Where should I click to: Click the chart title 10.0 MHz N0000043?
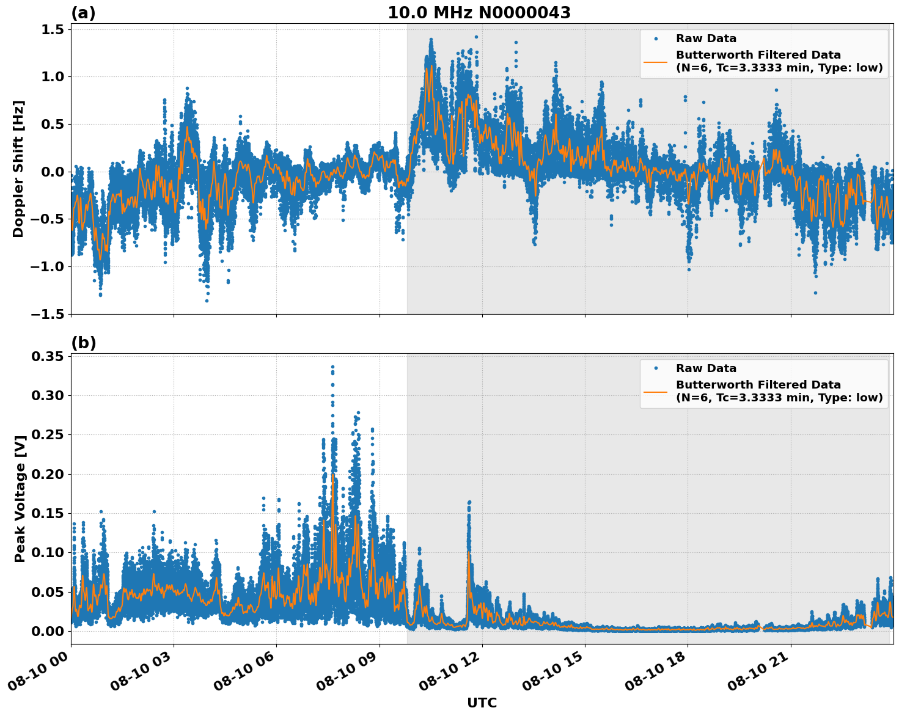click(x=479, y=13)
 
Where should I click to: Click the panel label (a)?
click(x=83, y=13)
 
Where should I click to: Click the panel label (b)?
click(x=83, y=343)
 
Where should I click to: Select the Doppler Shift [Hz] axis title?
click(x=18, y=169)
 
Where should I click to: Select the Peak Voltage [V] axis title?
click(x=20, y=499)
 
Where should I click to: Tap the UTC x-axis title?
click(x=482, y=703)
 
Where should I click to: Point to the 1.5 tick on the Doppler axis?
click(x=52, y=29)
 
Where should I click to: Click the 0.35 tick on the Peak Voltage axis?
click(x=48, y=356)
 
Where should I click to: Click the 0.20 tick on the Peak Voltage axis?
click(x=48, y=474)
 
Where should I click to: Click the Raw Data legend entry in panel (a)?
click(x=706, y=38)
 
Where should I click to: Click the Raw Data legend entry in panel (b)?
click(x=706, y=368)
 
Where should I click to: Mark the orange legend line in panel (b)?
click(x=656, y=391)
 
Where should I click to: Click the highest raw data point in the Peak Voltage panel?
click(x=332, y=367)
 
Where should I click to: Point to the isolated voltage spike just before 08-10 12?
click(x=469, y=502)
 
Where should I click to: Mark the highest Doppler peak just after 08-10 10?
click(x=431, y=39)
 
